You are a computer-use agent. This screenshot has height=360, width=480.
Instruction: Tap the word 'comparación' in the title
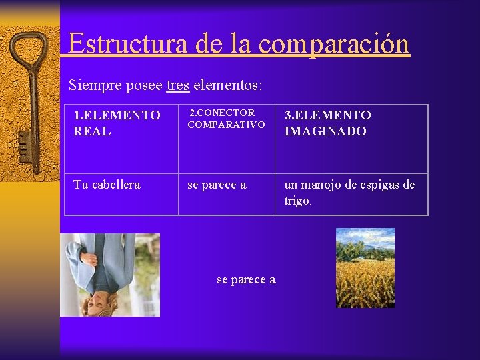pos(333,43)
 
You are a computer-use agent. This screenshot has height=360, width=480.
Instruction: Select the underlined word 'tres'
pos(178,85)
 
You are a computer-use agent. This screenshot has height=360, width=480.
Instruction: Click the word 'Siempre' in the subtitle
pos(91,85)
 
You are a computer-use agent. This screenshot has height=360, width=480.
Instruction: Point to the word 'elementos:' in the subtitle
pos(227,85)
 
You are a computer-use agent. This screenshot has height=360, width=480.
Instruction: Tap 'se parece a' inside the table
pos(217,185)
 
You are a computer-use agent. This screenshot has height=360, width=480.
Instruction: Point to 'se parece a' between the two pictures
pos(246,280)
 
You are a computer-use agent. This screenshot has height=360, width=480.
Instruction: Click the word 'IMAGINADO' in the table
pos(325,131)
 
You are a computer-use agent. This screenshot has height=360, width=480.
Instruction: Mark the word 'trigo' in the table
pos(297,201)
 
